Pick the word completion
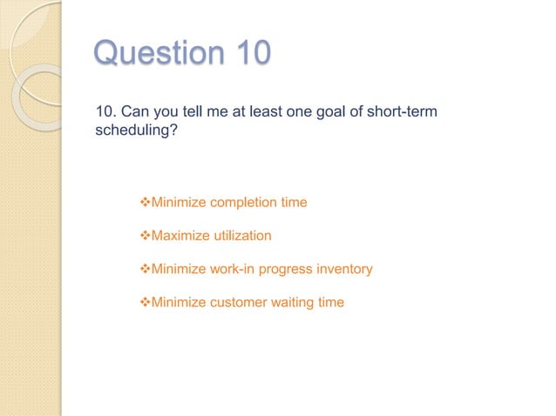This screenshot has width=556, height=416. click(x=246, y=203)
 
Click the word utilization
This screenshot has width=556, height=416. click(x=243, y=236)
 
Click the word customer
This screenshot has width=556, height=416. click(x=241, y=303)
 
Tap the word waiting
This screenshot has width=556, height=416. click(x=295, y=303)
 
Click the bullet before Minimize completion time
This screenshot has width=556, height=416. click(x=146, y=203)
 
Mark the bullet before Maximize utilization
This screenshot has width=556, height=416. click(x=146, y=236)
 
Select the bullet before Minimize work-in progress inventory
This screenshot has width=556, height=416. click(x=146, y=269)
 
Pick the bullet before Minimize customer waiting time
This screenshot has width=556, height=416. click(x=146, y=303)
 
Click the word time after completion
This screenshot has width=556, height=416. click(x=295, y=203)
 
